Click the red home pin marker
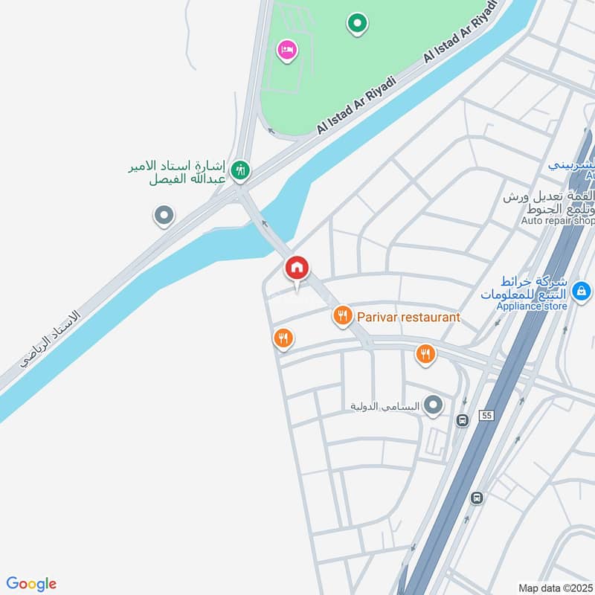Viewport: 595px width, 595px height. (297, 268)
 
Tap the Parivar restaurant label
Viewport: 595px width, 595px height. (408, 318)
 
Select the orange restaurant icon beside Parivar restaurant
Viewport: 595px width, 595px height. (342, 317)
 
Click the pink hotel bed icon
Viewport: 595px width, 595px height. (287, 51)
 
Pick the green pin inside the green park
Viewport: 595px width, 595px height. (357, 24)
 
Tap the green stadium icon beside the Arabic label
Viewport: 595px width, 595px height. (239, 171)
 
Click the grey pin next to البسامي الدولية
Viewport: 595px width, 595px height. (434, 406)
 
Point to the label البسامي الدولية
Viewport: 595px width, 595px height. (385, 407)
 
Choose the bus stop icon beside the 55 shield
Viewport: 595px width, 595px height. (463, 420)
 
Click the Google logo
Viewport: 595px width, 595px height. (31, 584)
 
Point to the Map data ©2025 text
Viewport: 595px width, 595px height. (553, 588)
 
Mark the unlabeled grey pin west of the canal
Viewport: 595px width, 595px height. (164, 216)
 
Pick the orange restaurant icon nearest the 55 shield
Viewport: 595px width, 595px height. (425, 355)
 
